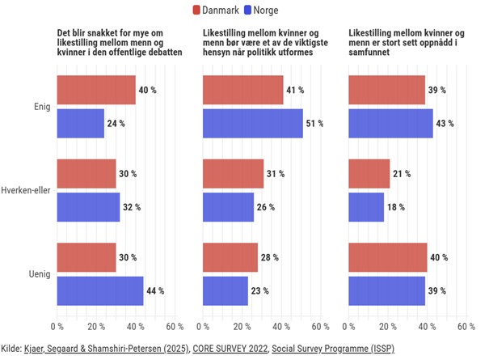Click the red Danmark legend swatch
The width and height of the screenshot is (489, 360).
tap(196, 10)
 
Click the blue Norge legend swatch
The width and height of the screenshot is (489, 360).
tap(247, 10)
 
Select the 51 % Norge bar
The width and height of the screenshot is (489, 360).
tap(253, 123)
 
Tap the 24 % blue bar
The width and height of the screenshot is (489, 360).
tap(81, 123)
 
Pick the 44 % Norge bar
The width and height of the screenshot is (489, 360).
tap(100, 290)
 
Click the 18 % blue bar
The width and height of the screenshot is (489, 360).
tap(366, 207)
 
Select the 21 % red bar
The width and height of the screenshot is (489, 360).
tap(369, 174)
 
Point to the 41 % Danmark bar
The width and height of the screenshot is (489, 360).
tap(243, 90)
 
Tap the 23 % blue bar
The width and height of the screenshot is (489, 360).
tap(226, 290)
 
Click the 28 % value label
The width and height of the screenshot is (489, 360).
tap(269, 257)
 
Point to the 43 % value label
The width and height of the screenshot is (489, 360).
tap(445, 124)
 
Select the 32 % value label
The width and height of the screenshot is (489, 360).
tap(132, 207)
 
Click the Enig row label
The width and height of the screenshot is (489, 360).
tap(42, 107)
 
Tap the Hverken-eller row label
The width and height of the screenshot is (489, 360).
tap(26, 190)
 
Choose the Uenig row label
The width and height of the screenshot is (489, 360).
tap(40, 274)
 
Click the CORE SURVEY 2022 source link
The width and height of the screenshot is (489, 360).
tap(230, 348)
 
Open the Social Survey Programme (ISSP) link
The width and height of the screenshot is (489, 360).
tap(333, 349)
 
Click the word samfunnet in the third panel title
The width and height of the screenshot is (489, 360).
tap(369, 52)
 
